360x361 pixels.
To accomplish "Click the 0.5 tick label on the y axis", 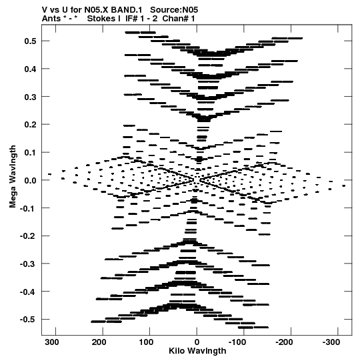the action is pos(30,41).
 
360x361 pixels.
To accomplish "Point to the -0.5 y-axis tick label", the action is pos(27,320).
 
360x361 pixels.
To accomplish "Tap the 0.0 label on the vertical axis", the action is pos(30,180).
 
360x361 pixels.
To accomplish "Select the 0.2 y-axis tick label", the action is pos(30,125).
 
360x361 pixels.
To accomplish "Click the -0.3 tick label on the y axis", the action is pos(27,264).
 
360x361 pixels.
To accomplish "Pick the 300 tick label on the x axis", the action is pos(52,342).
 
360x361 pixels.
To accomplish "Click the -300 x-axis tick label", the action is pos(331,342).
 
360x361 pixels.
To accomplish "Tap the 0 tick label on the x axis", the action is pos(197,342).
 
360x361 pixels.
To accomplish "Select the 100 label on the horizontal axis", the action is pos(146,342).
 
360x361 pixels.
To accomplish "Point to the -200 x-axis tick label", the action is pos(284,342).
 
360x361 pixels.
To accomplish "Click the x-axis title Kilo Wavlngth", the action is pos(197,351).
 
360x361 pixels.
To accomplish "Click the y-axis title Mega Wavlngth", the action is pos(13,177).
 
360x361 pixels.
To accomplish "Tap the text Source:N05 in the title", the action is pos(174,10).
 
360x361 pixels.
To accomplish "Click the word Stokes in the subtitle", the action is pos(102,19).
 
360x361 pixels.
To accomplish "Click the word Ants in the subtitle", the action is pos(51,19).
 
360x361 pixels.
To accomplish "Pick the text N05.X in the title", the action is pos(97,10).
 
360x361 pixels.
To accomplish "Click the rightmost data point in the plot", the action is pos(344,186).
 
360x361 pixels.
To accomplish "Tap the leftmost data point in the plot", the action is pos(50,174).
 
